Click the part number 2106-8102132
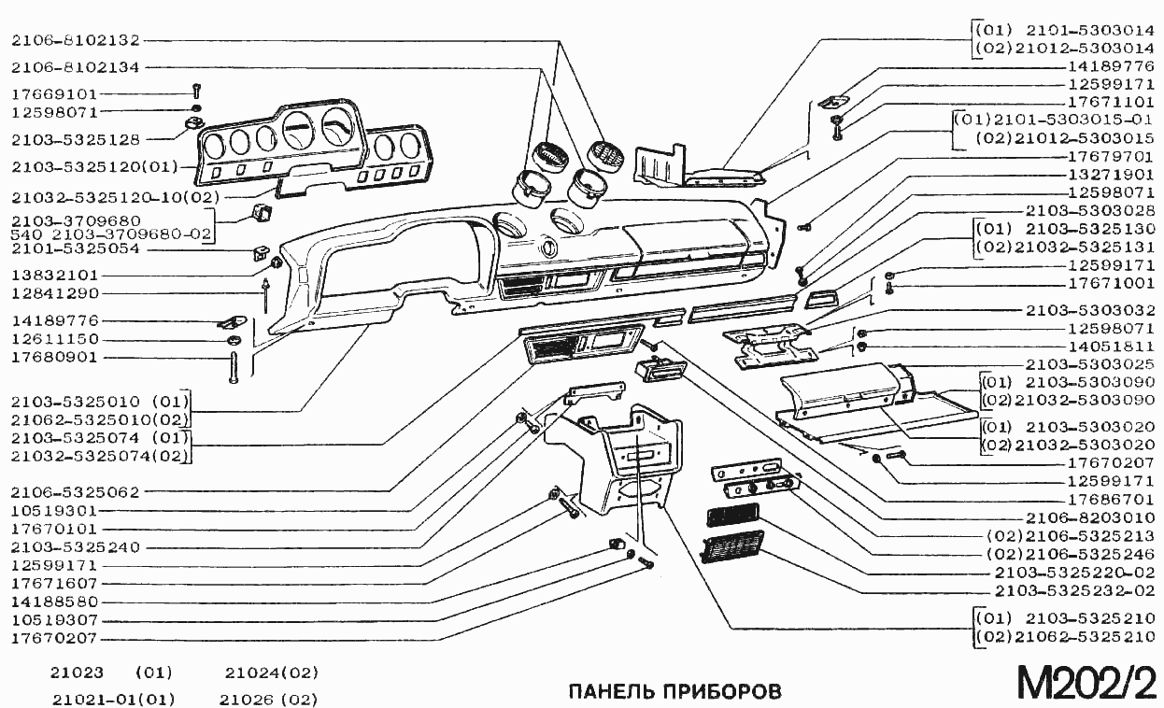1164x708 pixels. point(76,40)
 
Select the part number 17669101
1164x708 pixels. point(54,94)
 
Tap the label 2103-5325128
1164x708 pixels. point(76,139)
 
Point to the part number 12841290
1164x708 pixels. point(54,293)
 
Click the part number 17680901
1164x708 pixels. point(54,357)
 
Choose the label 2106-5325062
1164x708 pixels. point(76,491)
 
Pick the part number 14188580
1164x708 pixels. point(54,602)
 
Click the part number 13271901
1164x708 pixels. point(1111,175)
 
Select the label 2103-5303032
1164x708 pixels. point(1090,310)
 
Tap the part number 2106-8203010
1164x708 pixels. point(1090,517)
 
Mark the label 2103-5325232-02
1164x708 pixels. point(1074,590)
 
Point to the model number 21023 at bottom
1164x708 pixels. point(77,673)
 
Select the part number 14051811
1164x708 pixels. point(1111,347)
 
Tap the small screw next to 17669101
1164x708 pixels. point(196,92)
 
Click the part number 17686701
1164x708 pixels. point(1111,499)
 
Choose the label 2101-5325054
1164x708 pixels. point(76,249)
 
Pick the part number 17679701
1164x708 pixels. point(1111,156)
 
